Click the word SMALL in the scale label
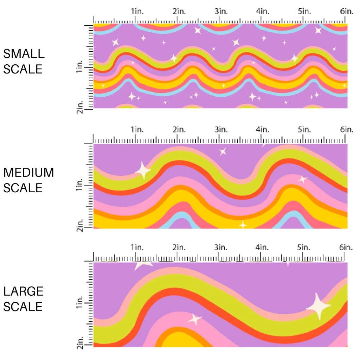point(24,54)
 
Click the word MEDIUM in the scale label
point(28,173)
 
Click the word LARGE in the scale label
point(24,291)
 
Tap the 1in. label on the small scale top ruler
point(138,11)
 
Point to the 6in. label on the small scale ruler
point(347,11)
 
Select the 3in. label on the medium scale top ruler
point(221,130)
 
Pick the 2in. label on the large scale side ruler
point(80,343)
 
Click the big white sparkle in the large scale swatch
point(319,306)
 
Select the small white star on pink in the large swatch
point(195,319)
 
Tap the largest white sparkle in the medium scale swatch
point(143,171)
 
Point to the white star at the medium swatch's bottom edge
point(243,224)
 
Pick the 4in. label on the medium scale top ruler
point(263,130)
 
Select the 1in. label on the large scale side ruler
point(80,303)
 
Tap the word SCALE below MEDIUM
point(23,188)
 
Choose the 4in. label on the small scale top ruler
point(263,11)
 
